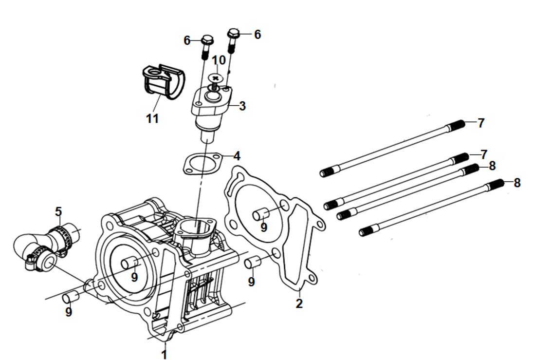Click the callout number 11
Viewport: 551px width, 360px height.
coord(152,118)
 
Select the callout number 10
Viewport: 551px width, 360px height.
coord(219,60)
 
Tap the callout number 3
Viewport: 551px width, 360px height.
coord(242,106)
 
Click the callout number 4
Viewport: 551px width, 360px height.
coord(237,156)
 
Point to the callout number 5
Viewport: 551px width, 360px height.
coord(58,211)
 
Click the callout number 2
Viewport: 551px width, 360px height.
coord(299,303)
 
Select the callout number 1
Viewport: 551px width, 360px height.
coord(164,354)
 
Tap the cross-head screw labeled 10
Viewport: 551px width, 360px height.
coord(216,78)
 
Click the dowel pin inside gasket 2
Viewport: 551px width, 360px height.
coord(261,214)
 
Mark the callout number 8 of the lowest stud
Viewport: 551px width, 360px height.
coord(517,183)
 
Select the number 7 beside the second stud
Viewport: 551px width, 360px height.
coord(483,154)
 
